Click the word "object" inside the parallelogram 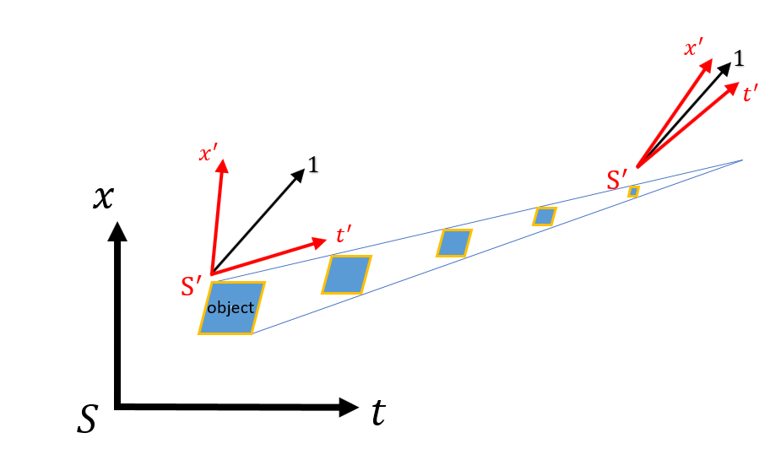point(231,308)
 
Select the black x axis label point(102,197)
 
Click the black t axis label point(379,413)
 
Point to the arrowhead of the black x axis point(118,230)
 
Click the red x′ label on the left point(208,154)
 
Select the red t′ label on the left point(344,235)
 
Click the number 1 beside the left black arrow point(313,165)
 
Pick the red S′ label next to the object point(193,286)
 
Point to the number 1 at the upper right point(739,59)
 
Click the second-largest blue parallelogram point(346,275)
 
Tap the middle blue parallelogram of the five point(454,243)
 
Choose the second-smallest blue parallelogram point(545,217)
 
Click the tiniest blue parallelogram point(633,192)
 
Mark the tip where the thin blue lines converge point(742,160)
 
